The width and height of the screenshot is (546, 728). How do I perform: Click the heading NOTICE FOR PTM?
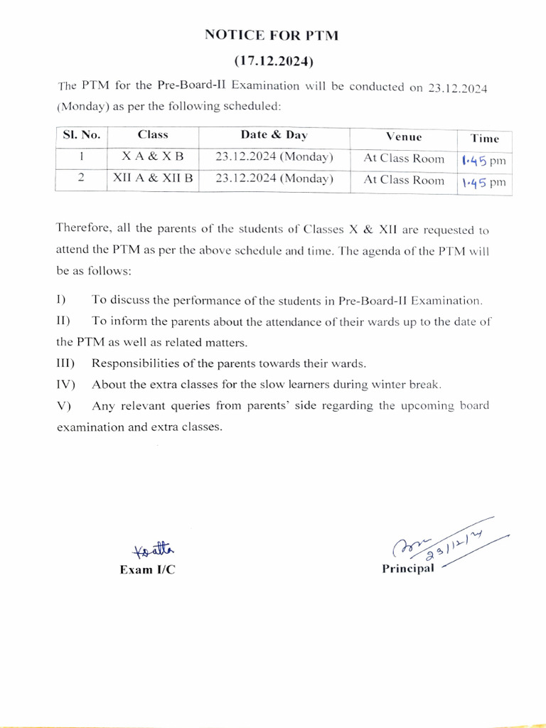point(273,34)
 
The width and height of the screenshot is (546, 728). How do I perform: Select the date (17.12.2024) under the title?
point(273,61)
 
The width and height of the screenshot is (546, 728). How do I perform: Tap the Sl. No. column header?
point(81,135)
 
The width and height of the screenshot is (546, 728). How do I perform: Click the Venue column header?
point(404,136)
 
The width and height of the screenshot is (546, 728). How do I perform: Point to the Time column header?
point(485,139)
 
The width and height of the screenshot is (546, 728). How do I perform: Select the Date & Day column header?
point(274,135)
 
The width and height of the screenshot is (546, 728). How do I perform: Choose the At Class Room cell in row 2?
point(404,181)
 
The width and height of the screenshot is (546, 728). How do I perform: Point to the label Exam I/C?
point(147,570)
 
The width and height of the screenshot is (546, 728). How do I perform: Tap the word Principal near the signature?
point(408,568)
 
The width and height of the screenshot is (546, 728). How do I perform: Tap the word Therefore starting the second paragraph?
point(85,229)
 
